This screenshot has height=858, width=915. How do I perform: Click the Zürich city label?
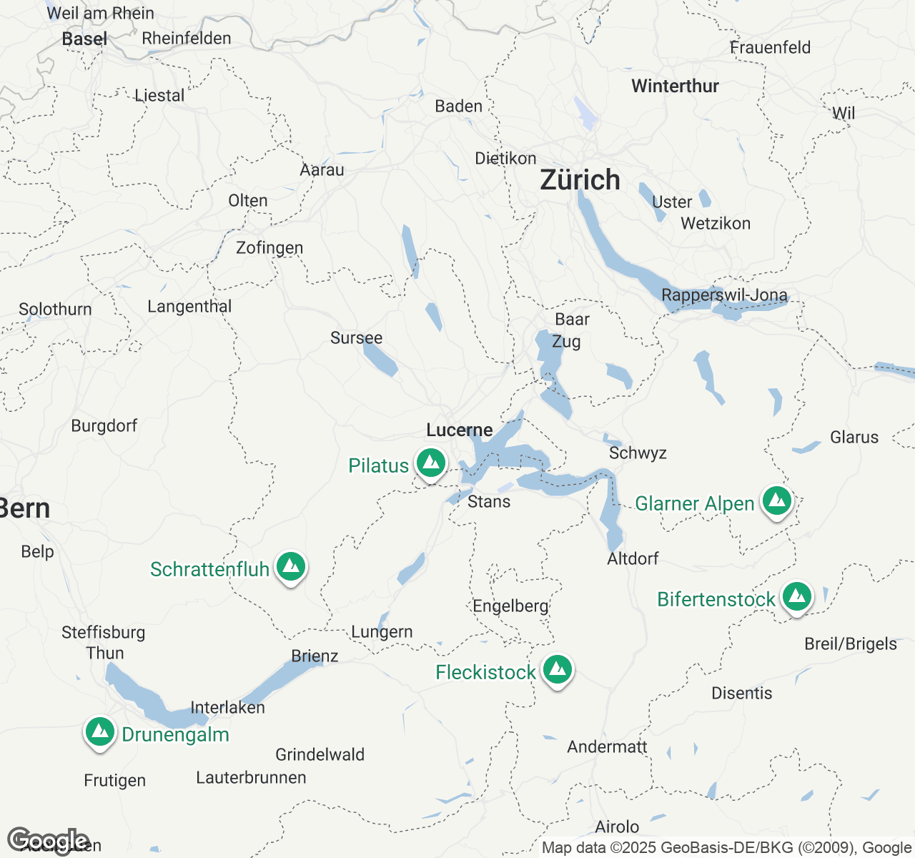(580, 180)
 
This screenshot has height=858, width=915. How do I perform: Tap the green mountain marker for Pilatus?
(431, 464)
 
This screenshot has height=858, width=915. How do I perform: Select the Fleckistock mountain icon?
(558, 670)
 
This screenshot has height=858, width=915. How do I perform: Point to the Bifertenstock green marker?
(796, 596)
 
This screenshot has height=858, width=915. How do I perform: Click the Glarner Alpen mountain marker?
(777, 501)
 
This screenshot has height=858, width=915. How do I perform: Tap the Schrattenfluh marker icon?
(290, 567)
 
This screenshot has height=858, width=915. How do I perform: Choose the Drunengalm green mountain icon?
(100, 732)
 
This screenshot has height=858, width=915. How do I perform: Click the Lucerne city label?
(460, 430)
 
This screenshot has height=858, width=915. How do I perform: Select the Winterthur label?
(675, 87)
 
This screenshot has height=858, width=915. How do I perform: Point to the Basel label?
(84, 39)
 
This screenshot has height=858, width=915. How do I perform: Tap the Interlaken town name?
(227, 707)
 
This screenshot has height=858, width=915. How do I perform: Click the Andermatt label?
(607, 746)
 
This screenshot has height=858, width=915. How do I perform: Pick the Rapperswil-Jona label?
(724, 295)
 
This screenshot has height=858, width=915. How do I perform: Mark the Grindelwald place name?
(320, 754)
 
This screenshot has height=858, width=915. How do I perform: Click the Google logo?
(48, 842)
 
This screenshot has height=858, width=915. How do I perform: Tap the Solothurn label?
(55, 310)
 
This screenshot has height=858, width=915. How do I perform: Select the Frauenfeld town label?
(770, 48)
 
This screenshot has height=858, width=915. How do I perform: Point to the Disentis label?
(741, 693)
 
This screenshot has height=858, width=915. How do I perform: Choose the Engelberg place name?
(510, 606)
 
